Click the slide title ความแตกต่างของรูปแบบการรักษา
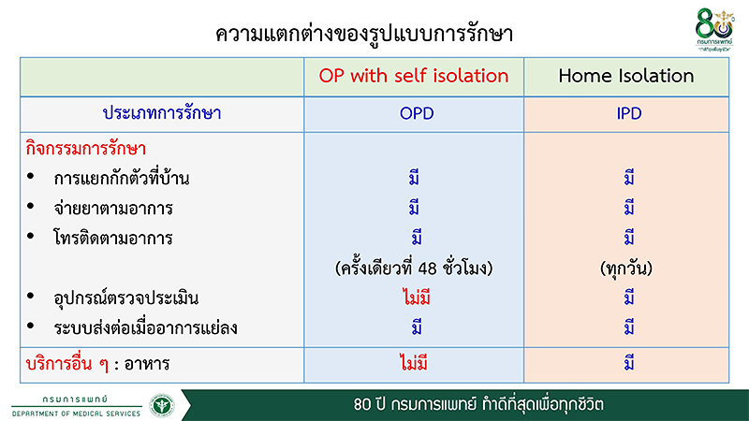(x=365, y=35)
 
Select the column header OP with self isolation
(x=413, y=76)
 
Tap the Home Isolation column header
(x=626, y=76)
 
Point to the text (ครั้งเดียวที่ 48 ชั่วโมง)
(x=413, y=269)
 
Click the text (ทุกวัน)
(x=627, y=269)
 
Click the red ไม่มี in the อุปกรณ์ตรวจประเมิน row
(x=413, y=298)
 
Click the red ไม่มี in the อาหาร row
(x=413, y=360)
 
